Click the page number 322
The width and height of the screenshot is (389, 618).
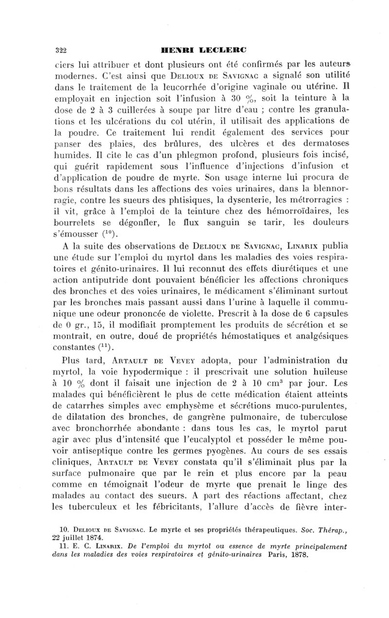[x=60, y=49]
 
